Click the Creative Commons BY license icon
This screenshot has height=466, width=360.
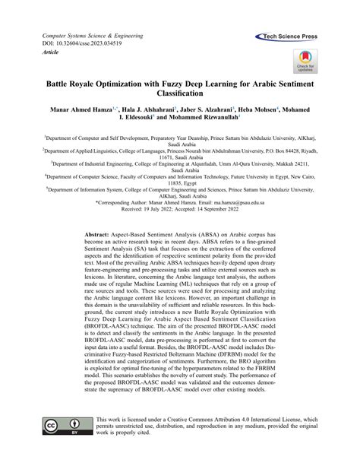coord(60,426)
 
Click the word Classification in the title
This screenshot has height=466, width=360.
coord(180,94)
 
